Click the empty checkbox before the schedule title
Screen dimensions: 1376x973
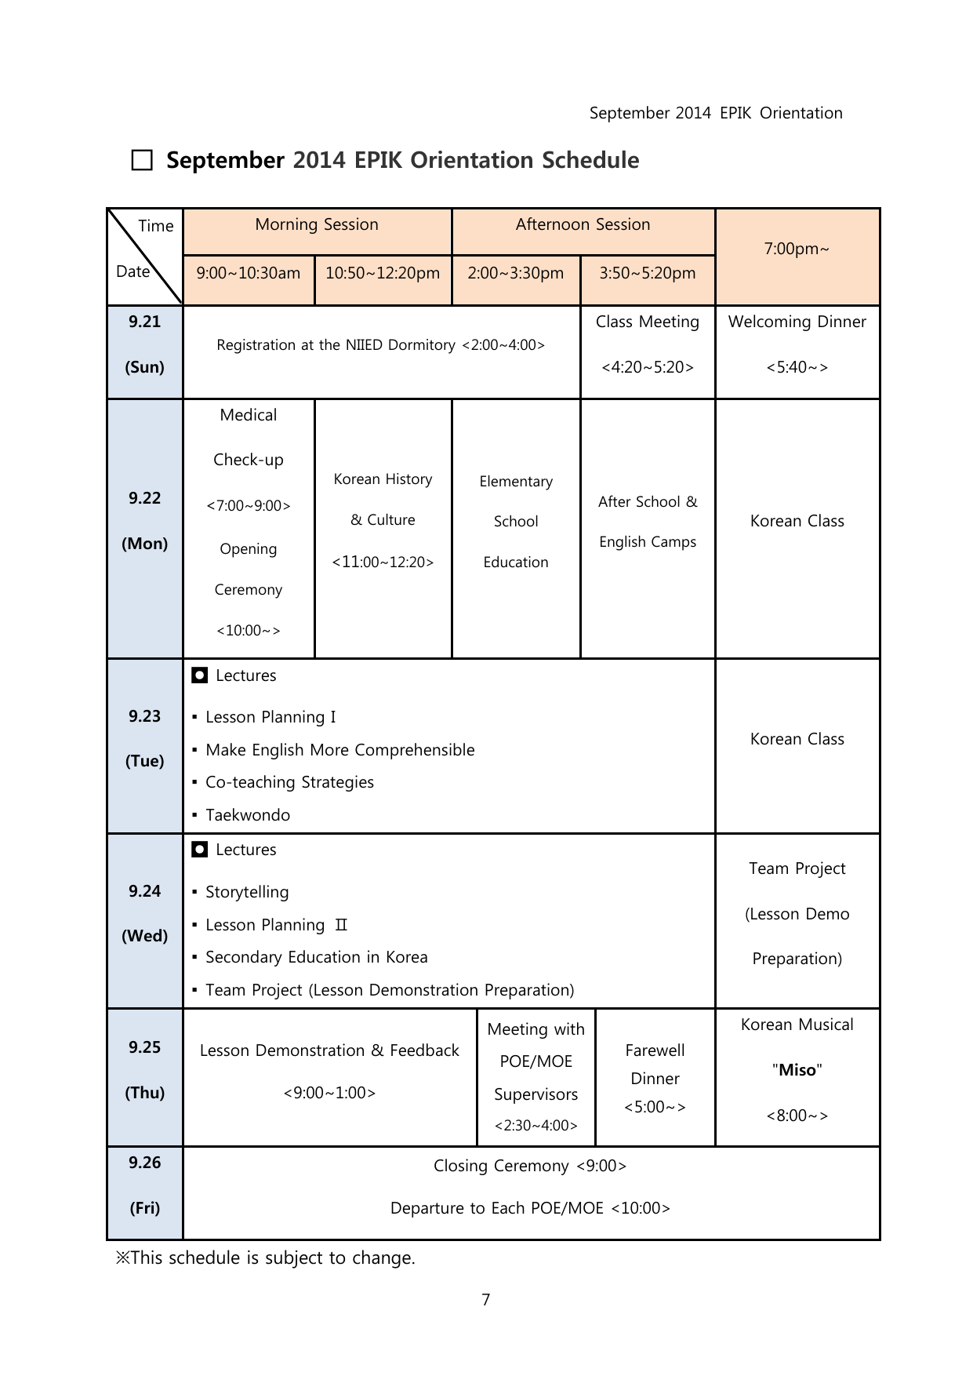(x=142, y=161)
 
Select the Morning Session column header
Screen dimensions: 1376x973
(x=317, y=225)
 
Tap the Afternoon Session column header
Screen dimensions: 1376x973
(x=583, y=225)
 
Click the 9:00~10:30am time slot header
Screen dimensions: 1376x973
(x=249, y=273)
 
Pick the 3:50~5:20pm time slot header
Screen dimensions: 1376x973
(x=648, y=273)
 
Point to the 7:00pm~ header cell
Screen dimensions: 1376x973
(x=797, y=249)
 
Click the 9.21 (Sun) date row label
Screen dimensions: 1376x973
(x=145, y=344)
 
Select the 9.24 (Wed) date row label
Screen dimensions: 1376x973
(x=145, y=914)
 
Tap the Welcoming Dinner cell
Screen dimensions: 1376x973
(x=797, y=344)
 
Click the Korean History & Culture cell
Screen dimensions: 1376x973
(x=383, y=520)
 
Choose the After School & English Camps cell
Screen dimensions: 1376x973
(x=648, y=522)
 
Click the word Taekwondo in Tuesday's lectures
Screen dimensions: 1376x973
(x=248, y=815)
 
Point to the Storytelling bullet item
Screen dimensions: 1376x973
(x=247, y=892)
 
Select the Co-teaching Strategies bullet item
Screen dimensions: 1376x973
(x=289, y=782)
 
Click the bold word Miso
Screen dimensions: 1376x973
(x=797, y=1070)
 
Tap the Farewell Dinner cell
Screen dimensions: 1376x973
(x=655, y=1078)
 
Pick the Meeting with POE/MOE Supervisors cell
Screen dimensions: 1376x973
(x=536, y=1076)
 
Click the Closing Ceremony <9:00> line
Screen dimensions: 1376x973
(x=530, y=1166)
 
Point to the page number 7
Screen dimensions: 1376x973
(x=486, y=1300)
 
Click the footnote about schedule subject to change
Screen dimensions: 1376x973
(x=266, y=1258)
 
